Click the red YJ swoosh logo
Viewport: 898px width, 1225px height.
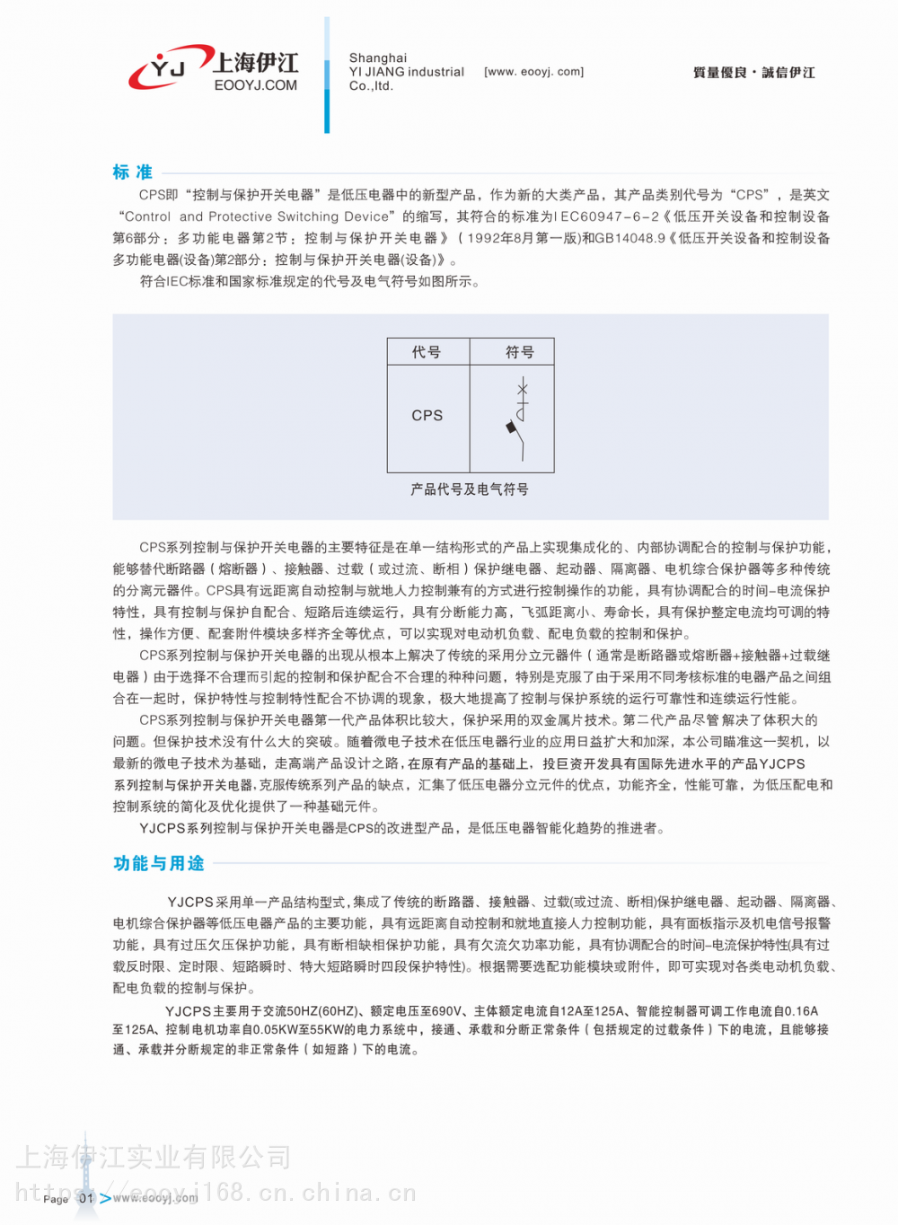click(167, 68)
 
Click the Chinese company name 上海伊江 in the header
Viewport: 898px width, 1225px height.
click(256, 63)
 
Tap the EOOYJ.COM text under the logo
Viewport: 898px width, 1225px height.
click(256, 86)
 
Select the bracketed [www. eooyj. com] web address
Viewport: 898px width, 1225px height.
click(533, 72)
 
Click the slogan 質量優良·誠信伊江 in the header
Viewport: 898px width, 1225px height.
click(753, 73)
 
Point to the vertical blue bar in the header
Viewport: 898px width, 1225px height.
click(327, 75)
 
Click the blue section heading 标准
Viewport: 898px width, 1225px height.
click(133, 172)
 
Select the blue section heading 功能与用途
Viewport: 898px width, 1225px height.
click(159, 863)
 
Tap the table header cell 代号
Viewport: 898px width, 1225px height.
click(427, 352)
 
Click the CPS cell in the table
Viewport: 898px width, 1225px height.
click(427, 416)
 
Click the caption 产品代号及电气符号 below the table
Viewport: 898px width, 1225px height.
click(470, 489)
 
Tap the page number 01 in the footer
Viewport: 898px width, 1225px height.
click(86, 1198)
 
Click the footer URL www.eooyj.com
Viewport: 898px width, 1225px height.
click(155, 1198)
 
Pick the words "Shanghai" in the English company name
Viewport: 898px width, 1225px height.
click(378, 58)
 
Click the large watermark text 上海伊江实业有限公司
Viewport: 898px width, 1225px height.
click(154, 1158)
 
